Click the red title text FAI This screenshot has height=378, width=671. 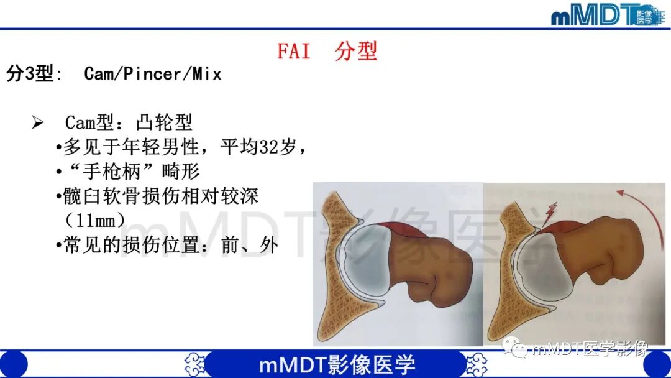tap(293, 51)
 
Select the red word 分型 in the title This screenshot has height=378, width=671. tap(356, 51)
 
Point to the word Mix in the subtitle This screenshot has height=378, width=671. tap(207, 74)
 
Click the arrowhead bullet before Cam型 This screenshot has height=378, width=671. tap(38, 122)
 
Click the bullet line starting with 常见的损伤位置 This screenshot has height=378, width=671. tap(168, 245)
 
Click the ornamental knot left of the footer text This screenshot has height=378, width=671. tap(196, 364)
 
